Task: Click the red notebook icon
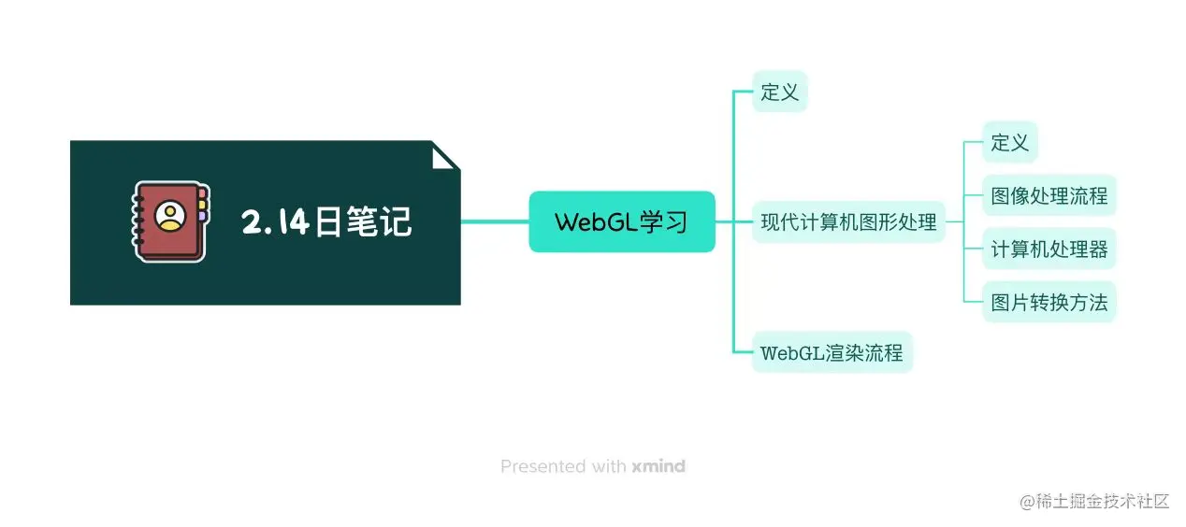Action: click(169, 221)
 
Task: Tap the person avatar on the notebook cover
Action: click(170, 216)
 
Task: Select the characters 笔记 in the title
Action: click(384, 222)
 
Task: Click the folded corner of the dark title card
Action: click(445, 155)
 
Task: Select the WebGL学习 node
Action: click(621, 222)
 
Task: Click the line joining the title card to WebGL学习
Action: click(495, 222)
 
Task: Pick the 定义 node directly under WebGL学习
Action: click(779, 92)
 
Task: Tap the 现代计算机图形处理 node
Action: click(848, 222)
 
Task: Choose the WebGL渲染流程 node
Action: click(832, 353)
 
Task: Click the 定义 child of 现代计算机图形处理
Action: click(1009, 143)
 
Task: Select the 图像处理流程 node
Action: click(1049, 196)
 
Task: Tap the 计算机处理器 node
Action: click(1049, 249)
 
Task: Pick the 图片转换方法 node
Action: click(1049, 302)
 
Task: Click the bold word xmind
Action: click(658, 466)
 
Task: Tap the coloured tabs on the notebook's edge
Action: click(202, 205)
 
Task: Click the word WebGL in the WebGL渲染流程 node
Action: click(792, 353)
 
